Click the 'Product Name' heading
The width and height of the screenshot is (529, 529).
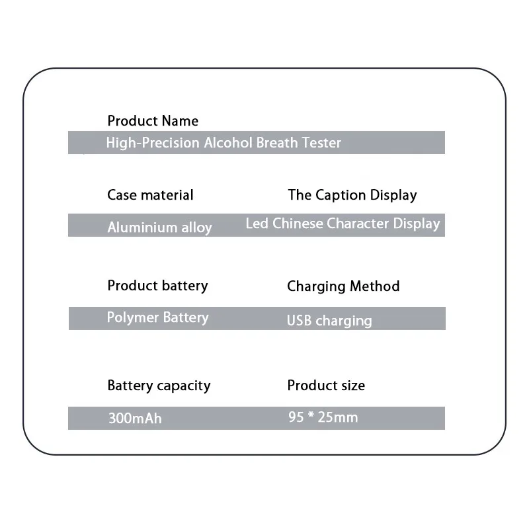tap(153, 121)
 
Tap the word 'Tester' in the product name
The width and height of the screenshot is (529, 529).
tap(321, 143)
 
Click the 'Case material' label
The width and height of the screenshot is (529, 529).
tap(150, 195)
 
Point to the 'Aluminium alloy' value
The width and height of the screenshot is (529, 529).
tap(159, 227)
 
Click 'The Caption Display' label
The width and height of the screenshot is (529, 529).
tap(352, 195)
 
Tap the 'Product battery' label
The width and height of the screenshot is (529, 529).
tap(157, 286)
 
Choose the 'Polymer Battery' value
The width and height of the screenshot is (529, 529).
tap(157, 317)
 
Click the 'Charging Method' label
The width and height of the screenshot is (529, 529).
tap(343, 286)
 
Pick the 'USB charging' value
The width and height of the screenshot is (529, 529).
tap(329, 321)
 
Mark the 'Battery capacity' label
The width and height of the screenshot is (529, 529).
tap(159, 386)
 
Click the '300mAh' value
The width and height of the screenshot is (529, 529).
tap(135, 419)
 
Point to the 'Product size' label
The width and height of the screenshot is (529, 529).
tap(326, 386)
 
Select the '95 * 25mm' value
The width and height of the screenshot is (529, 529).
tap(323, 417)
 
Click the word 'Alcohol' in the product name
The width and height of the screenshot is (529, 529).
tap(225, 143)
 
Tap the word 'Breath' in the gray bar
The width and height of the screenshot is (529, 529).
tap(276, 143)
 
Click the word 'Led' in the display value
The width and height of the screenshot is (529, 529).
tap(257, 224)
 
